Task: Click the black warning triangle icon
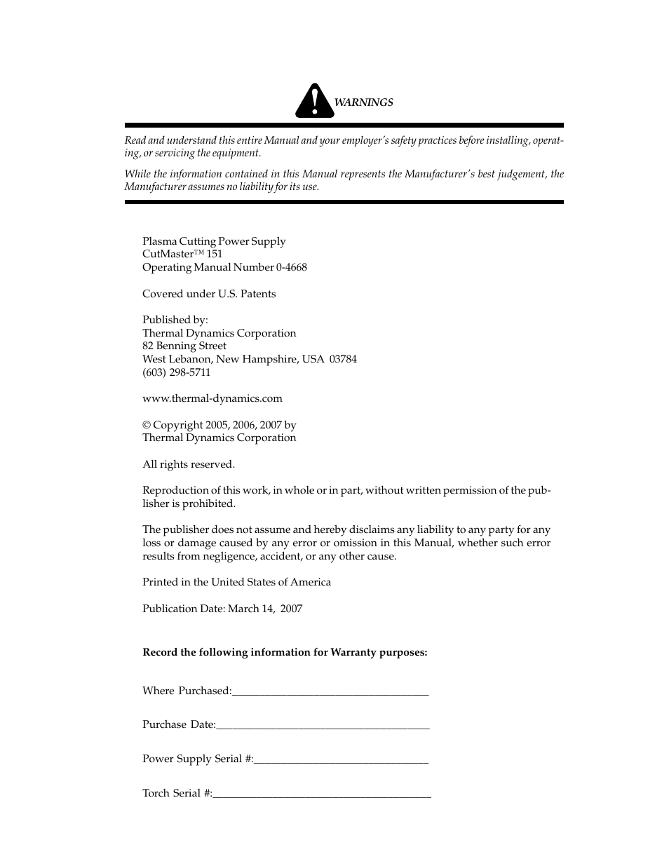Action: pos(315,102)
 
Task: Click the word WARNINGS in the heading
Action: pos(363,102)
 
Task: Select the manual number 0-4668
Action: pos(291,267)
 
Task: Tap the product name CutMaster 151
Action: pos(182,254)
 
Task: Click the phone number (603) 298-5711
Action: pos(176,372)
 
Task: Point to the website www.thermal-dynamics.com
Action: pos(212,398)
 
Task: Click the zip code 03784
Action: pos(343,359)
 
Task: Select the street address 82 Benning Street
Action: pos(184,346)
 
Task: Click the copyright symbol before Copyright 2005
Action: pos(147,425)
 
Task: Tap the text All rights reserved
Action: pos(189,464)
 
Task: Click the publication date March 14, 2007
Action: pos(265,609)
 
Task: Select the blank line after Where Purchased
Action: pos(330,692)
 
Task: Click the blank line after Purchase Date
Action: pos(323,726)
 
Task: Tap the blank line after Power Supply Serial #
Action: pos(341,760)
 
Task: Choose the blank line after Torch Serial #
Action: pos(321,794)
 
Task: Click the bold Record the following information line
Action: pos(285,652)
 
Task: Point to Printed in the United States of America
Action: pos(236,582)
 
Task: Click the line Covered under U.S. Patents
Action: pos(209,294)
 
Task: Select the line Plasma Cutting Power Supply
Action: pos(214,241)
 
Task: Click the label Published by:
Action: pos(175,320)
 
